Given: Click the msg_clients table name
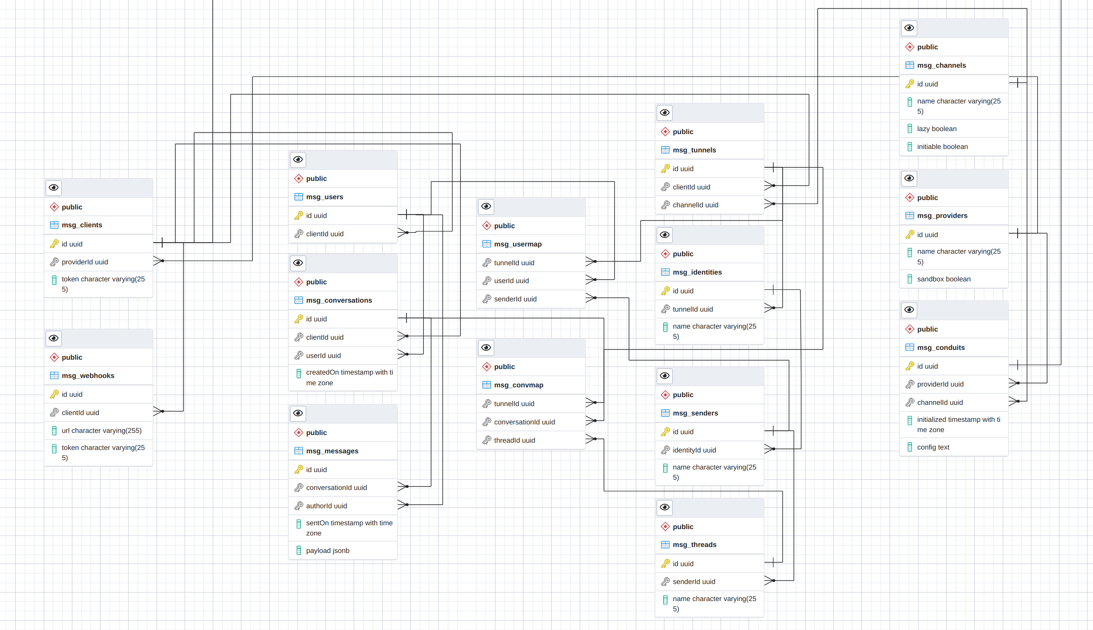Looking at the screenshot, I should tap(82, 225).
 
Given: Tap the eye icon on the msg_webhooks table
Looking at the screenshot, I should tap(54, 338).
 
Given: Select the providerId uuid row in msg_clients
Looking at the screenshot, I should tap(85, 262).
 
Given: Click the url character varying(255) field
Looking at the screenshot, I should tap(101, 430).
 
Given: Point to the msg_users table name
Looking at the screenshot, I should tap(324, 197).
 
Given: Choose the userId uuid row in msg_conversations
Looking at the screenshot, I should tap(323, 356).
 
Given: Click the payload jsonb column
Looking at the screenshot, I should tap(327, 550).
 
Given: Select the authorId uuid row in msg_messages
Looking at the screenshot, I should tap(326, 506).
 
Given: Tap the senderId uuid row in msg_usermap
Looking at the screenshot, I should tap(515, 299).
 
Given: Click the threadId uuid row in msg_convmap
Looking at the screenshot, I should tap(514, 440).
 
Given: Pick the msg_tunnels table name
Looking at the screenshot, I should tap(694, 150).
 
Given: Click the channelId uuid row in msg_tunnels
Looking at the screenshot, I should tap(695, 205).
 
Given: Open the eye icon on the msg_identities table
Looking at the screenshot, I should tap(665, 235).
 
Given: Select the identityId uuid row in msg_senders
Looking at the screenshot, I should tap(694, 450).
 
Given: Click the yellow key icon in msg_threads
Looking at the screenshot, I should tap(665, 563).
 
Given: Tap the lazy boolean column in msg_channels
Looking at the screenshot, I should tap(936, 129).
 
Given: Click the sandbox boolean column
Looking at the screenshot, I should tap(943, 279).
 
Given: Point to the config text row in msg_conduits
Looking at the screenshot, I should tap(933, 447).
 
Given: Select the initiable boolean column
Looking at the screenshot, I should tap(942, 147).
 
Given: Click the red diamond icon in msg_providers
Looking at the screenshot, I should tap(910, 198).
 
